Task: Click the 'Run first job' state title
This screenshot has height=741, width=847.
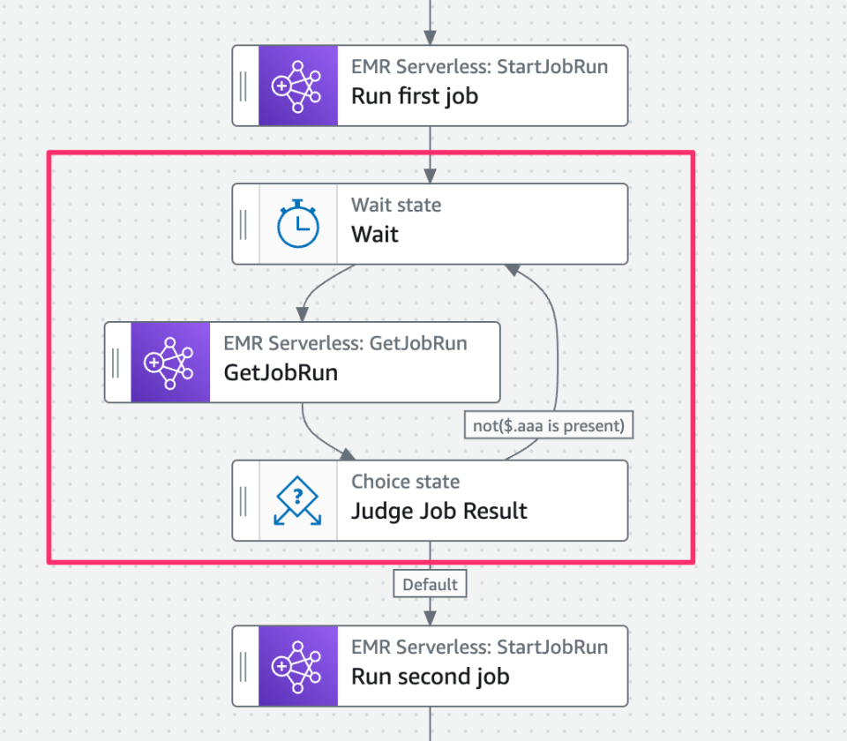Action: (x=414, y=96)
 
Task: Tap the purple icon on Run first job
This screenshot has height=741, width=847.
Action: (x=297, y=86)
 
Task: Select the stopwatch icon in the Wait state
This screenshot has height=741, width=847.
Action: (x=297, y=224)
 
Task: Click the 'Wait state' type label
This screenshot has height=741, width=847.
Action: (x=396, y=206)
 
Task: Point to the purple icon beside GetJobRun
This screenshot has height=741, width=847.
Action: (x=170, y=363)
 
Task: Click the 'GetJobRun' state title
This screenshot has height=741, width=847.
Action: (x=281, y=372)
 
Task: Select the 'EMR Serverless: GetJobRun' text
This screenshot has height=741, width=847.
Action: (x=345, y=343)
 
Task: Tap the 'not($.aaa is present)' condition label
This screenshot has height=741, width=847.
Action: (x=549, y=426)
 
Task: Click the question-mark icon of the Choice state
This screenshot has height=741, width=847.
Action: (x=297, y=500)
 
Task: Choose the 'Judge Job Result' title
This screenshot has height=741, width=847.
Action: (x=438, y=511)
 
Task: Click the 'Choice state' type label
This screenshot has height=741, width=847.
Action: (x=405, y=482)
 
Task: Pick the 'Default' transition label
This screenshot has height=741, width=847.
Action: (x=430, y=584)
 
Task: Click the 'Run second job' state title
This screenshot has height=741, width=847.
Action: (x=430, y=677)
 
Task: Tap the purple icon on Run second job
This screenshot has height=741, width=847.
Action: (x=297, y=666)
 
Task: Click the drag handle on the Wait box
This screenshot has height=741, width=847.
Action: (x=244, y=224)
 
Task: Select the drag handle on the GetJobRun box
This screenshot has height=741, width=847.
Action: (x=116, y=363)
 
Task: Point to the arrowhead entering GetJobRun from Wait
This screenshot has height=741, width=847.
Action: (x=303, y=314)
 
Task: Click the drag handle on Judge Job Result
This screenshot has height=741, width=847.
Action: (x=244, y=500)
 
